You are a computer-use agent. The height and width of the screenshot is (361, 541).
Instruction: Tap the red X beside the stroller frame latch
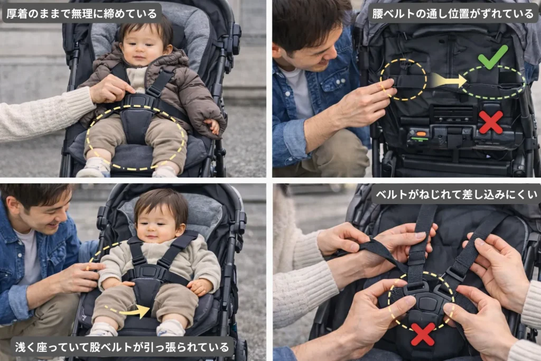point(491,122)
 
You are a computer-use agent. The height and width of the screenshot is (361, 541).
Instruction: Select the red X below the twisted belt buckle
point(423,334)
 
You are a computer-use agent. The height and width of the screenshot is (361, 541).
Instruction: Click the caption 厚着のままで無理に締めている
point(82,13)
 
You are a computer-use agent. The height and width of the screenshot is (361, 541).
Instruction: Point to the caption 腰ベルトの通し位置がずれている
point(453,13)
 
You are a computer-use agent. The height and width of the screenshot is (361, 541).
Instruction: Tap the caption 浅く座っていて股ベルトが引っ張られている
point(122,347)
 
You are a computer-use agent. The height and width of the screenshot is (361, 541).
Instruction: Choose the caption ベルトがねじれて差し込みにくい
point(456,195)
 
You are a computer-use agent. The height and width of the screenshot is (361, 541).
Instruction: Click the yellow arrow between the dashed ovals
point(448,81)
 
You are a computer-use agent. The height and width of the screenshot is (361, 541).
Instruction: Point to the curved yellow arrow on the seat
point(128,310)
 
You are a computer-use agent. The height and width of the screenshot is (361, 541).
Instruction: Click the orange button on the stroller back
point(421,134)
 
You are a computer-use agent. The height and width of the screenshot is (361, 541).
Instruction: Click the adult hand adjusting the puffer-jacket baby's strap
point(110,89)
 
